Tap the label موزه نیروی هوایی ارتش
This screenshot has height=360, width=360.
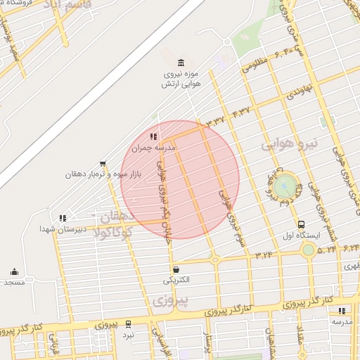pos(182,78)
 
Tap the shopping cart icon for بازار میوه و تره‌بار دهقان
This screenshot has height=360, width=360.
pos(103,164)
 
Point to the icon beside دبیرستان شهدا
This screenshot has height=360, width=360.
pos(63,219)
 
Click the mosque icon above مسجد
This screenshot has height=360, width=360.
pos(14,272)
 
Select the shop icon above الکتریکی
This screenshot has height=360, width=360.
pos(175,269)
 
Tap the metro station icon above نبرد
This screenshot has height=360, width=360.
pos(128,324)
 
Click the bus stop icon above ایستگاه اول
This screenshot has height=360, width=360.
pos(301,225)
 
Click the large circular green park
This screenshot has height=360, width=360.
pos(285,186)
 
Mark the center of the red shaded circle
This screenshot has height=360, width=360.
pos(180,179)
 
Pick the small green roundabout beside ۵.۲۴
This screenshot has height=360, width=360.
pos(308,250)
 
